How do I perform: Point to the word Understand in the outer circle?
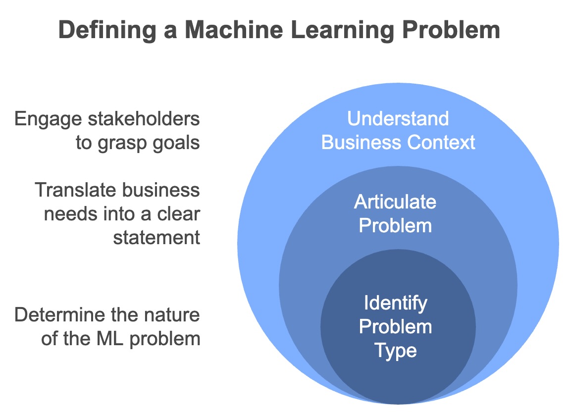[x=398, y=119]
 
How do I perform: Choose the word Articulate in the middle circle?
[x=395, y=202]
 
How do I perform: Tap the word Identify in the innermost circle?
[x=395, y=303]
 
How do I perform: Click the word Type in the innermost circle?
[x=395, y=351]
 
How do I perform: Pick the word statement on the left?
[x=156, y=238]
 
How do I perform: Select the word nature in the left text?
[x=174, y=315]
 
